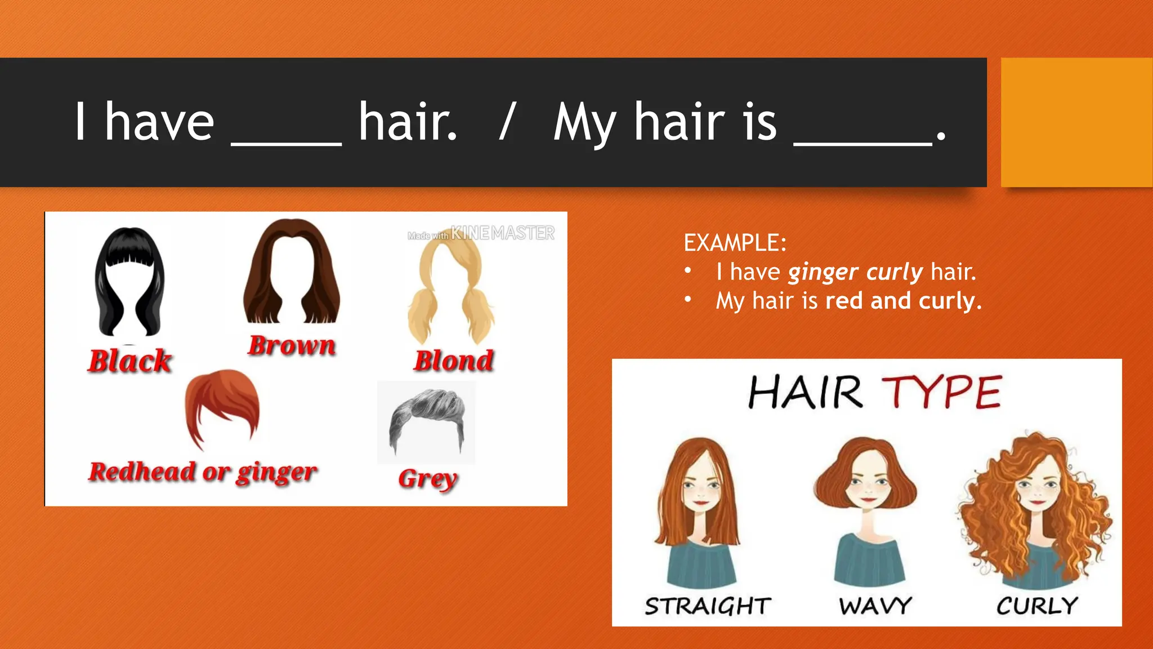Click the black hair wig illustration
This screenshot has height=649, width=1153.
point(130,282)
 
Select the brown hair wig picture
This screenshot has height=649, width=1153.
point(292,271)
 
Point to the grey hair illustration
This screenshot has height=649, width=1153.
point(427,420)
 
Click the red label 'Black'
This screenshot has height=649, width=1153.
point(129,361)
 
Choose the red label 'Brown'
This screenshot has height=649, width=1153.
point(292,345)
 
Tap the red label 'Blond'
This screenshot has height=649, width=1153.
point(454,361)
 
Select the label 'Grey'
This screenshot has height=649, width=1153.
point(428,479)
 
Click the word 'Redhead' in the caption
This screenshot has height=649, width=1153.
point(142,472)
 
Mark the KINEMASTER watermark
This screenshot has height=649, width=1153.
point(502,233)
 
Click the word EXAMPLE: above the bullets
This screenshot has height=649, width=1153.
point(735,243)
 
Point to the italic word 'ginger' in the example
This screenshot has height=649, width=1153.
point(823,273)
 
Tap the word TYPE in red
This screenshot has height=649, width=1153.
point(942,392)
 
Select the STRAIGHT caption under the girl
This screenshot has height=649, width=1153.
point(708,606)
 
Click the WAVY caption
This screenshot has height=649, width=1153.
point(875,606)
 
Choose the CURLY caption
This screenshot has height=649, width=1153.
point(1037,606)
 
